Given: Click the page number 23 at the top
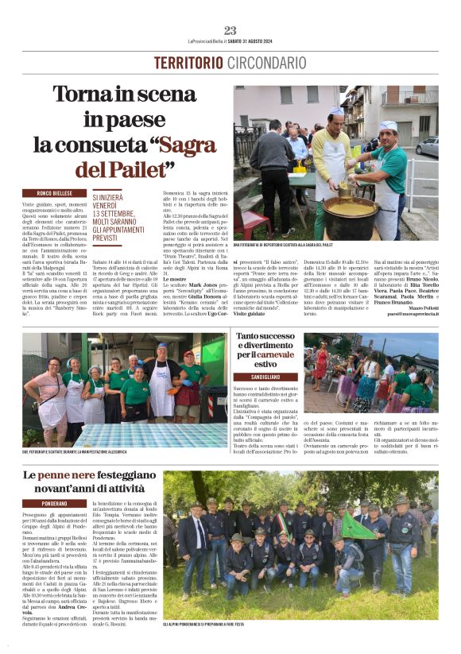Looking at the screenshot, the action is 230,30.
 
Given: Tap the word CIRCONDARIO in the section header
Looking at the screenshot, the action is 267,63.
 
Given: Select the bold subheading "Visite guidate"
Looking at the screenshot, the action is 249,314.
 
